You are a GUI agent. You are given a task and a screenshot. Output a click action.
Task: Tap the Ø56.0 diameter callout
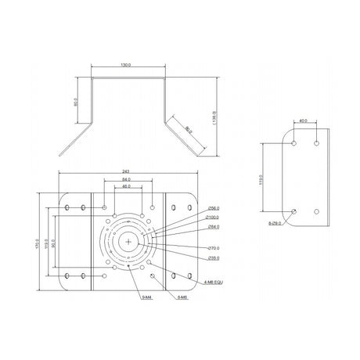tap(214, 208)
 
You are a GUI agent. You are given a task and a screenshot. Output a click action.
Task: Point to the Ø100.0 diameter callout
tap(214, 217)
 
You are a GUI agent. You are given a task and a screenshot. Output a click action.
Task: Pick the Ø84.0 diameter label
tap(214, 226)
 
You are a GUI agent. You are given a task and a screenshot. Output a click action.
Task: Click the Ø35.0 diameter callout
tap(214, 257)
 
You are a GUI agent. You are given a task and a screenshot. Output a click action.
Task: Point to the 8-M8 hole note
tap(182, 297)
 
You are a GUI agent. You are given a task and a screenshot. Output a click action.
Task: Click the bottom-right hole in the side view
tap(315, 211)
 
